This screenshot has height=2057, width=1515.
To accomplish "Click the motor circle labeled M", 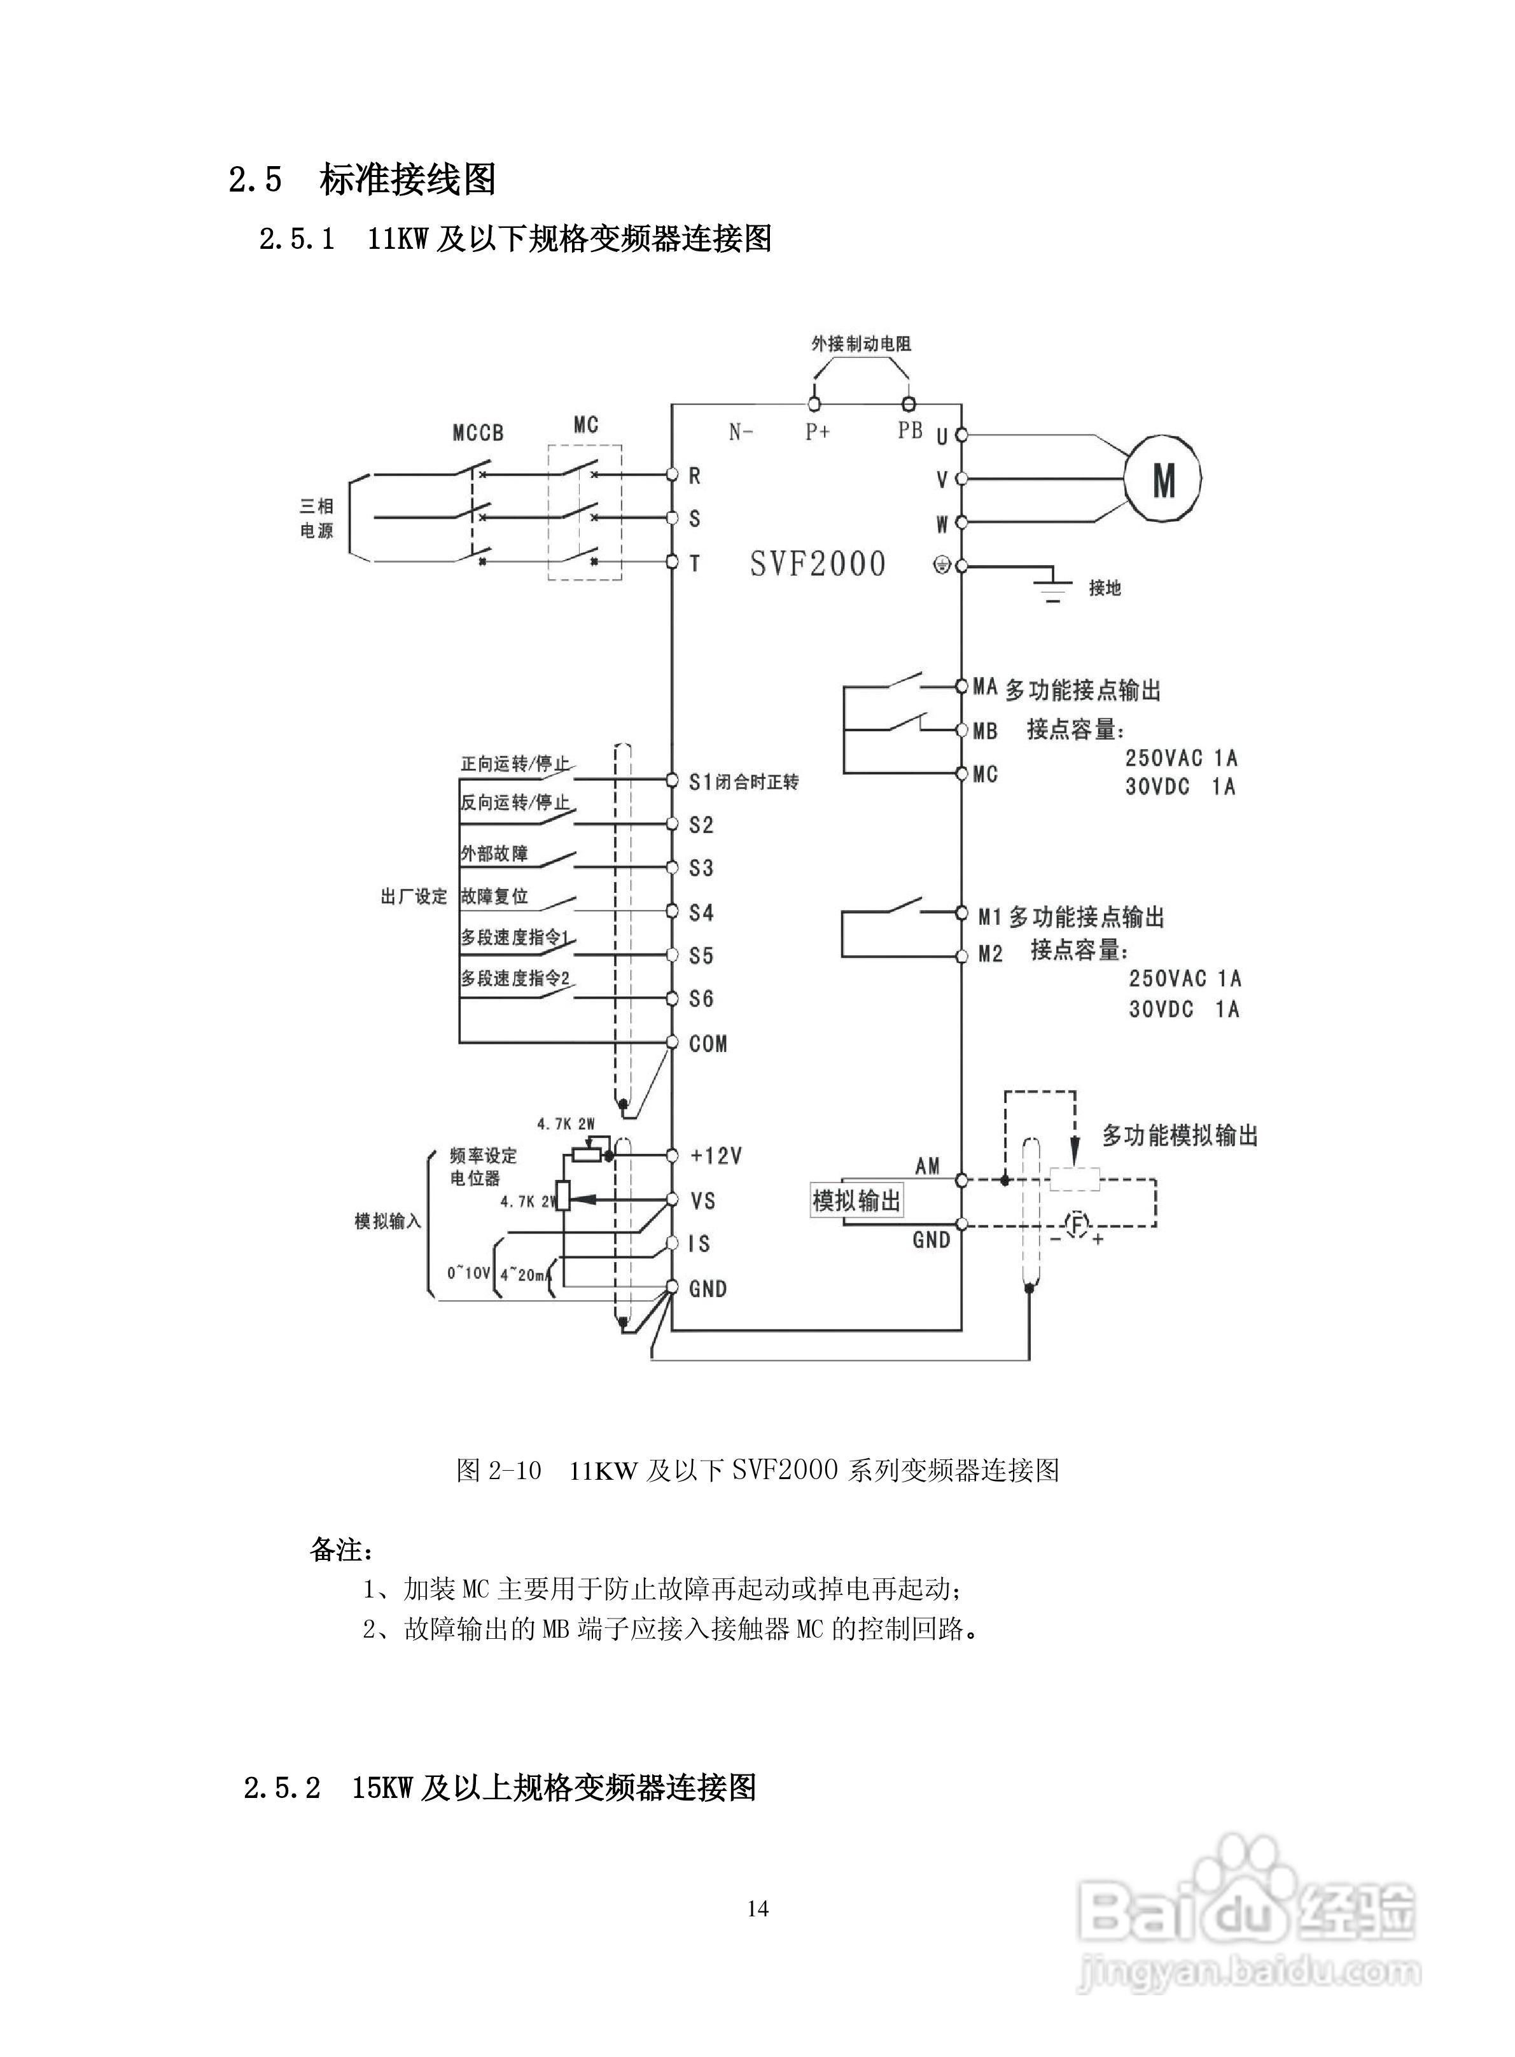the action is click(1163, 479).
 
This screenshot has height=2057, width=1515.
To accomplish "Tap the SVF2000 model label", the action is click(817, 563).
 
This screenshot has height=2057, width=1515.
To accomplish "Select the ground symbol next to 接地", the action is click(1054, 588).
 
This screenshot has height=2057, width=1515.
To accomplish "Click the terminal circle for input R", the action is click(671, 474).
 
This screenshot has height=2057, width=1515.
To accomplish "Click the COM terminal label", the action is click(708, 1044).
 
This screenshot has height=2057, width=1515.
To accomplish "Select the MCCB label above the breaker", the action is click(478, 433).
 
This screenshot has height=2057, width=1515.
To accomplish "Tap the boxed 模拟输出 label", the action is click(856, 1200).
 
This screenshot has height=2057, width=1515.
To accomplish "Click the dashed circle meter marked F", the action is click(1079, 1223).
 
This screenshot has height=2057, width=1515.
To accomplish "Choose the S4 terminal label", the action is click(702, 913).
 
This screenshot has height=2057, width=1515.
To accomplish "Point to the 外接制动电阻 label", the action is click(861, 344).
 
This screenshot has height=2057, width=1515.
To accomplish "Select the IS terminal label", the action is click(700, 1244).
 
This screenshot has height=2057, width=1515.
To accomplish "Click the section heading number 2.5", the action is click(255, 179).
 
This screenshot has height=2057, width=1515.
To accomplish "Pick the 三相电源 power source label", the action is click(318, 518).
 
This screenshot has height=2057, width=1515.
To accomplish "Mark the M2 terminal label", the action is click(991, 955).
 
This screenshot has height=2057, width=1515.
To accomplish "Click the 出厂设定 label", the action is click(414, 896).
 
